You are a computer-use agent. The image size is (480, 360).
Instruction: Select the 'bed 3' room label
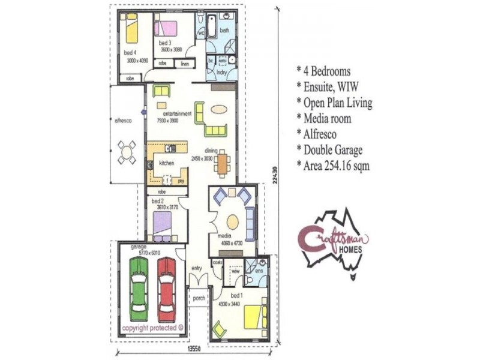click(x=166, y=43)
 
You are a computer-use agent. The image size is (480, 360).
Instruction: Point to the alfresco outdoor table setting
click(x=127, y=152)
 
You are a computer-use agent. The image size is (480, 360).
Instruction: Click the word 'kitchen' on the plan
click(x=166, y=163)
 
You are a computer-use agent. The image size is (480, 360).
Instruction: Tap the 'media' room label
click(x=226, y=237)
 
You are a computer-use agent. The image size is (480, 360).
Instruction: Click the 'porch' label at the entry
click(x=199, y=298)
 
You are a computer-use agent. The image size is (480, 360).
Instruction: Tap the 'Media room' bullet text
click(x=328, y=119)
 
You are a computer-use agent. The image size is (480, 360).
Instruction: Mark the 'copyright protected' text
click(x=153, y=328)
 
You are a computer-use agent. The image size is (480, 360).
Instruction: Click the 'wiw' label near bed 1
click(x=236, y=271)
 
